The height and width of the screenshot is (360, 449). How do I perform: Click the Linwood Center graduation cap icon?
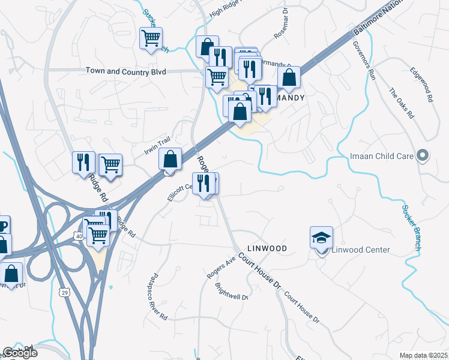pos(321,238)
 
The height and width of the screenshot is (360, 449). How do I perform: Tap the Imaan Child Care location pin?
pos(423,156)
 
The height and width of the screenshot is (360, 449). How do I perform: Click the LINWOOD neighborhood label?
pos(267,248)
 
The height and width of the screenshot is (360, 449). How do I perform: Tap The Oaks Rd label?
pos(402,103)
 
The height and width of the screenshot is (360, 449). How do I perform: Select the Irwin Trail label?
pos(158,145)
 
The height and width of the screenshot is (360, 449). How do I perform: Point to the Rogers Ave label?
pos(220,268)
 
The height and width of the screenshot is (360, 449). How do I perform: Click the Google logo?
pos(20,353)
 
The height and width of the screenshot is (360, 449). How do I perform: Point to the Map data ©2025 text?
pos(423,355)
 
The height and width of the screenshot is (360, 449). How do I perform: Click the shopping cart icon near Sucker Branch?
pos(151,38)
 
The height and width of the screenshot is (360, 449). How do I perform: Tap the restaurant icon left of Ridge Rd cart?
pos(83,162)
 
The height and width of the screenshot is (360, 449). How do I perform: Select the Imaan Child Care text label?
pos(382,157)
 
